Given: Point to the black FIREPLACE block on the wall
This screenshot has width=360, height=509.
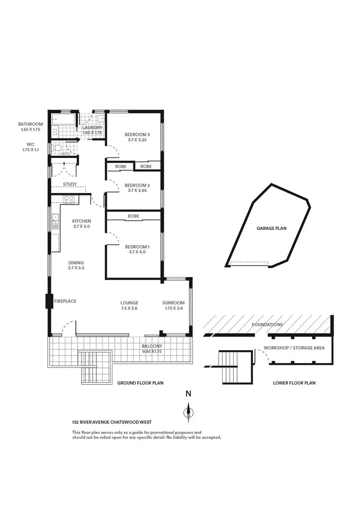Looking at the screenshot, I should tap(49, 301).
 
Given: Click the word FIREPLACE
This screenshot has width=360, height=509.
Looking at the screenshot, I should tap(65, 301).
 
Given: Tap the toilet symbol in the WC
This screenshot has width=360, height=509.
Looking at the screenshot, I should tap(58, 149).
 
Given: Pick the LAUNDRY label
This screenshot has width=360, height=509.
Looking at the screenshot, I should tap(92, 128).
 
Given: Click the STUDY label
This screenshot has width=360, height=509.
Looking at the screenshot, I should tap(71, 184).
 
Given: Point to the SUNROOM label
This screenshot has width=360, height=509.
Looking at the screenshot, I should tap(173, 303).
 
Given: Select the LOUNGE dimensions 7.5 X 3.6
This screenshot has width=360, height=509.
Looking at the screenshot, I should tap(130, 309).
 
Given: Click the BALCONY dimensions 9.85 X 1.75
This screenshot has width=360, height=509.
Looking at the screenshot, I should tap(152, 351).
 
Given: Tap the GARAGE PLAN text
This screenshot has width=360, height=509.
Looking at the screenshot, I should tap(271, 229).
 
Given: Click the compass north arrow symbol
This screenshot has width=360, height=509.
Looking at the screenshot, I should tap(189, 412).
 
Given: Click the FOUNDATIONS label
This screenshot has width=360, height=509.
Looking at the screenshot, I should tap(267, 325).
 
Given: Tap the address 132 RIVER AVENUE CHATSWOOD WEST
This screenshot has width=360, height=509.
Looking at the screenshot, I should tap(112, 423).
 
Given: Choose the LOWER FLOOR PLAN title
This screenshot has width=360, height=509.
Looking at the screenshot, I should tap(294, 383).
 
